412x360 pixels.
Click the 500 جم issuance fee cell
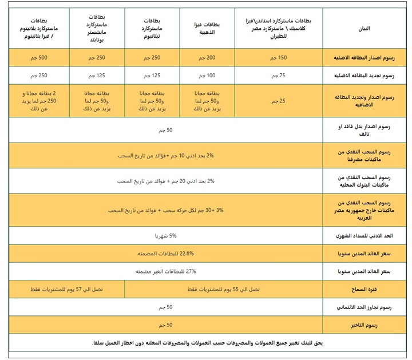click(x=39, y=58)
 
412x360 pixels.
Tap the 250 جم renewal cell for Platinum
click(x=39, y=76)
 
